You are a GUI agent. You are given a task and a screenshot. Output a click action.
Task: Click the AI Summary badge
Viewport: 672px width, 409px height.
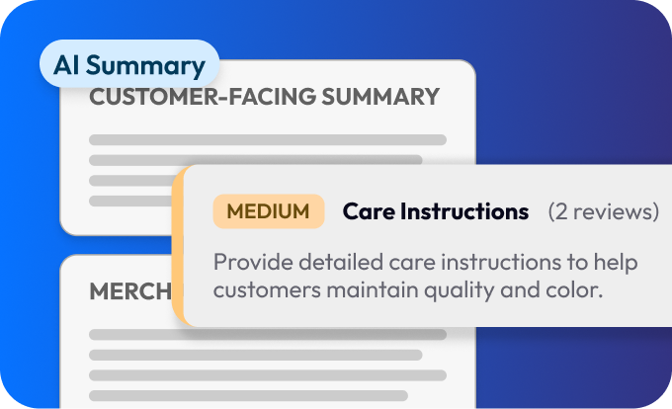pos(129,64)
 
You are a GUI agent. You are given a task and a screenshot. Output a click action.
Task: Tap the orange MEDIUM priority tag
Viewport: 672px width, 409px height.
pos(269,211)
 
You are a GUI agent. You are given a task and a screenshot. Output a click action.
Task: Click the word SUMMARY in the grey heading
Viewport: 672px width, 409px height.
pos(380,97)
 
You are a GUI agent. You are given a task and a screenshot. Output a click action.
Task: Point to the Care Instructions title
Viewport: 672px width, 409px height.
pos(436,211)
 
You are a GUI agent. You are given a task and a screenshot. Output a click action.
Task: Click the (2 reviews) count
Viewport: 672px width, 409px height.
pos(604,211)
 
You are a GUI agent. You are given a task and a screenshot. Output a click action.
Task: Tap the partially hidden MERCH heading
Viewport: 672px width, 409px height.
pos(130,291)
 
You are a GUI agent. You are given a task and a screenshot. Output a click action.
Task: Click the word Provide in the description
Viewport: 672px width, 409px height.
pos(253,262)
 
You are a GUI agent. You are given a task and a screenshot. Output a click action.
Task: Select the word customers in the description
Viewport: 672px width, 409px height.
pos(267,289)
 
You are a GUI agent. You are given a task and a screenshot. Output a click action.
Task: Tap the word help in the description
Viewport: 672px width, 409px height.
pos(616,263)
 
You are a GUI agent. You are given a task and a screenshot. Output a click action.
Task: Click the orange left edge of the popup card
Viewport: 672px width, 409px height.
pos(178,246)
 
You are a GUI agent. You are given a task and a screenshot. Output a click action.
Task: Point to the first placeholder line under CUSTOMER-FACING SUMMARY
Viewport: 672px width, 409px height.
pos(268,139)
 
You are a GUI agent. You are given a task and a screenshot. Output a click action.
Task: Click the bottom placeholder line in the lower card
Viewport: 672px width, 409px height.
pos(248,395)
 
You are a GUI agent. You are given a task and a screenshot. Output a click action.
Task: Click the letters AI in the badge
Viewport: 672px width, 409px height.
pos(66,65)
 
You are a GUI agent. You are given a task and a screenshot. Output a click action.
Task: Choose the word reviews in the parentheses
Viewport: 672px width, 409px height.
pos(614,211)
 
